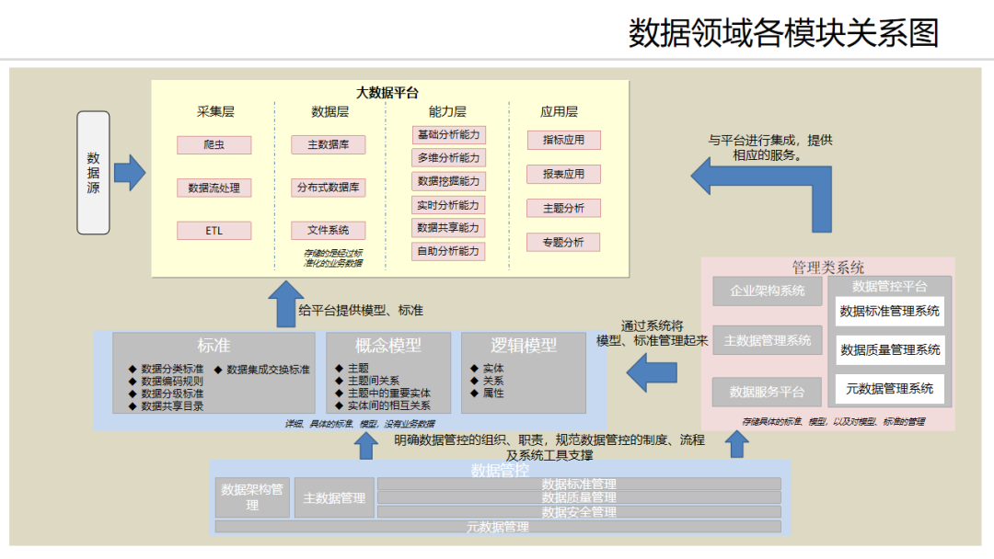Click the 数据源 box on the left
click(93, 172)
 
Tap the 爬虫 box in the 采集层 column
click(214, 144)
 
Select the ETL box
click(214, 230)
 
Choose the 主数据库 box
click(329, 144)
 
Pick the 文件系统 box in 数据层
click(329, 230)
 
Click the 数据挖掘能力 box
click(448, 181)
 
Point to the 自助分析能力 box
click(448, 251)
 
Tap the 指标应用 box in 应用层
click(563, 140)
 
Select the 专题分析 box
click(563, 242)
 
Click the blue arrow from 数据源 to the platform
click(130, 172)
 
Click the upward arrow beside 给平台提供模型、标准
click(280, 305)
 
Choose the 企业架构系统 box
click(767, 291)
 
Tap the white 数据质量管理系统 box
click(889, 349)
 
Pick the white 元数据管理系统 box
click(889, 388)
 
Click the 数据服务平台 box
click(767, 392)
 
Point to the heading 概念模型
click(388, 346)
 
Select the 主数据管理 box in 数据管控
click(334, 498)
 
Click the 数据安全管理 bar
click(579, 512)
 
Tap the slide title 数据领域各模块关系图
click(783, 33)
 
